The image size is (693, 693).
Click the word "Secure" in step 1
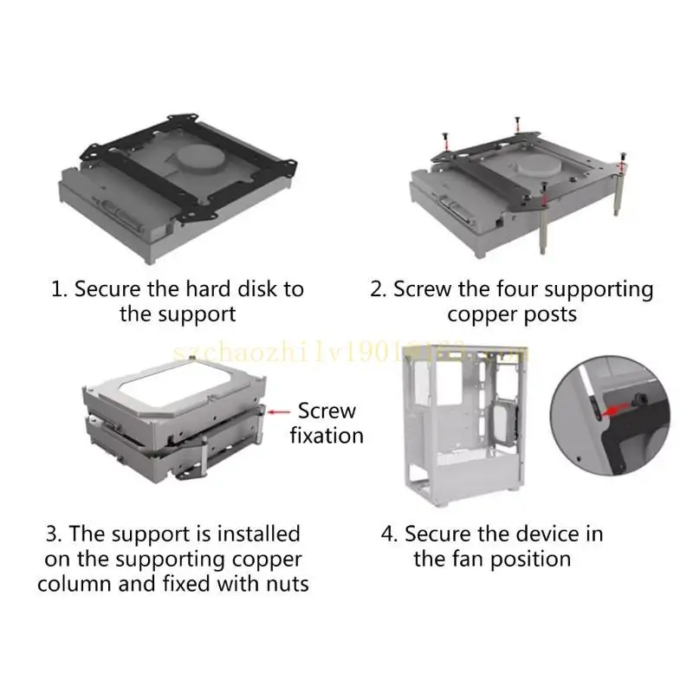click(x=109, y=288)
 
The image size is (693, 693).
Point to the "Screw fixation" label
click(x=327, y=423)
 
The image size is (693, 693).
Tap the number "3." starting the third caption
click(x=53, y=534)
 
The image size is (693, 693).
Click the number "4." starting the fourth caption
click(x=389, y=534)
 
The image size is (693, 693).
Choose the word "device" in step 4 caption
click(x=538, y=534)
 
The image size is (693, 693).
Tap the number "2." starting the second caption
click(x=379, y=288)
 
